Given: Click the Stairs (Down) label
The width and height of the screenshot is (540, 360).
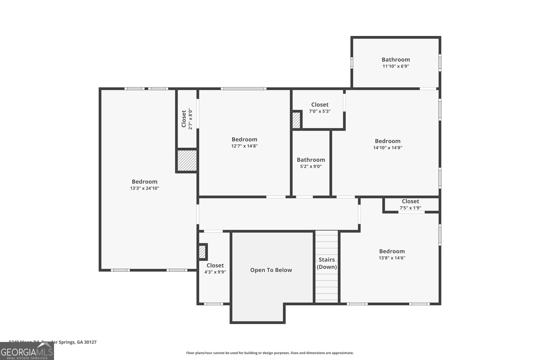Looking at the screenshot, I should coord(327,263).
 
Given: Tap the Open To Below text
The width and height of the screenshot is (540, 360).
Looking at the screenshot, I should coord(271,270).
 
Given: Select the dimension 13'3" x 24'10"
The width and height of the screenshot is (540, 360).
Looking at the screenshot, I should coord(144,188).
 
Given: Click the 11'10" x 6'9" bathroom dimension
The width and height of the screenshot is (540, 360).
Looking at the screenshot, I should coord(396,66).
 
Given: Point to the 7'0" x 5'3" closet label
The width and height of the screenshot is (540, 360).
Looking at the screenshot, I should coord(320,111).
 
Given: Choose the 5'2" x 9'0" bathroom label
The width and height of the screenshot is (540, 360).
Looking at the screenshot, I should coord(311,166).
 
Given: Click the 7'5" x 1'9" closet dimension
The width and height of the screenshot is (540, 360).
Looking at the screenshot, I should coord(410,208).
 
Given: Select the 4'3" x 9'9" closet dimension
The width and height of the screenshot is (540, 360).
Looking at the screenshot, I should coord(215,272).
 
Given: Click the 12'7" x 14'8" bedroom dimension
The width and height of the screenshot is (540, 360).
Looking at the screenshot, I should coord(244,146).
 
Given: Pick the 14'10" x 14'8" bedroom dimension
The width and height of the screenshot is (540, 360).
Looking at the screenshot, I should coord(387,147).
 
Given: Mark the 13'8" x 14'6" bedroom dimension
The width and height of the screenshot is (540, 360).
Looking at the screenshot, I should coord(392,258).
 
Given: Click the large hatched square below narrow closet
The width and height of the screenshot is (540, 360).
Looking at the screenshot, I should coord(187,161).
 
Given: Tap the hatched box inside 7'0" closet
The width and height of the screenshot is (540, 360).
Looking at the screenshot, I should coord(296,120).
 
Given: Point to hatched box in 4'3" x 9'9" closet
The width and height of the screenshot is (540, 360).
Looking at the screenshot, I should coord(202,252).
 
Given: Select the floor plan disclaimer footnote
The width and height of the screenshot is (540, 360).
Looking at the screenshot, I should coord(270,353).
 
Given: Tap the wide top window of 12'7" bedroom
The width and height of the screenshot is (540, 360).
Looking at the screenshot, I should coord(243,89).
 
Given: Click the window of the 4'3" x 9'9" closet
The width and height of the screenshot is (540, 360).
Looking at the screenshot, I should coord(213,304).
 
